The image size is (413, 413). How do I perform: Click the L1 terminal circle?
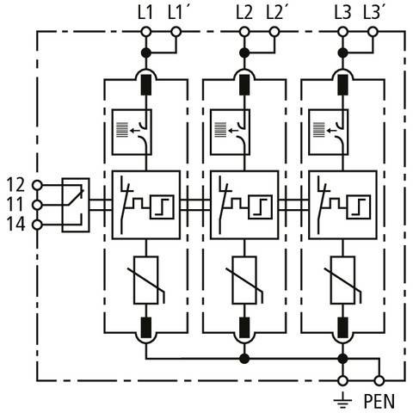pyautogui.click(x=146, y=32)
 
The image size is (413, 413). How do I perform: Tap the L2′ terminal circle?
pyautogui.click(x=274, y=32)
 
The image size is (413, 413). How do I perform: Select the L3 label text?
pyautogui.click(x=342, y=13)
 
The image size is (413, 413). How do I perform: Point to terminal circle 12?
pyautogui.click(x=37, y=185)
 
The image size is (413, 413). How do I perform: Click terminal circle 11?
pyautogui.click(x=37, y=205)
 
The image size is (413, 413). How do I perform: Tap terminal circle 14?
pyautogui.click(x=37, y=225)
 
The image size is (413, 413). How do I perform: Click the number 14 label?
pyautogui.click(x=15, y=225)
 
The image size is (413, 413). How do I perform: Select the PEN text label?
pyautogui.click(x=379, y=401)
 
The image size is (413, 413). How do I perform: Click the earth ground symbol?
pyautogui.click(x=342, y=401)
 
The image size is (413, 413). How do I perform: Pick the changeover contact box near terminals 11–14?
pyautogui.click(x=76, y=205)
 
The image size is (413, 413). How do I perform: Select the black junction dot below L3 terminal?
pyautogui.click(x=342, y=52)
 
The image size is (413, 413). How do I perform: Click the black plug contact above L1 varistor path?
pyautogui.click(x=146, y=84)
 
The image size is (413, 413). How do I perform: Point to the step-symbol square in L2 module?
pyautogui.click(x=260, y=207)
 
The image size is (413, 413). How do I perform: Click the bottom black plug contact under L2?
pyautogui.click(x=244, y=328)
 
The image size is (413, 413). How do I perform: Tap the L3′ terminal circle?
pyautogui.click(x=373, y=32)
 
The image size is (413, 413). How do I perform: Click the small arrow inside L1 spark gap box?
pyautogui.click(x=134, y=131)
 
